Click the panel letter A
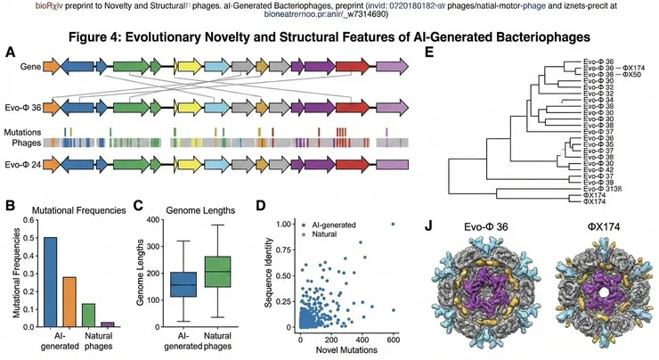pyautogui.click(x=10, y=53)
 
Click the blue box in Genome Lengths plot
pyautogui.click(x=183, y=285)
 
